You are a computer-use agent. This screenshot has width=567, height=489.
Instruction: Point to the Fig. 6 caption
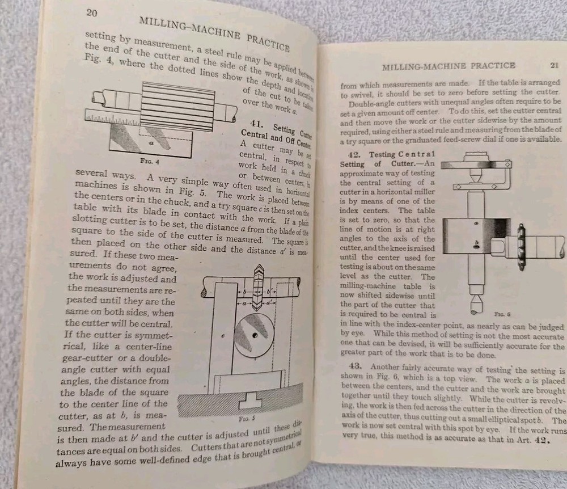(x=483, y=313)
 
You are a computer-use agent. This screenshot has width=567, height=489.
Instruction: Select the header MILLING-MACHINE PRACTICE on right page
(x=448, y=66)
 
